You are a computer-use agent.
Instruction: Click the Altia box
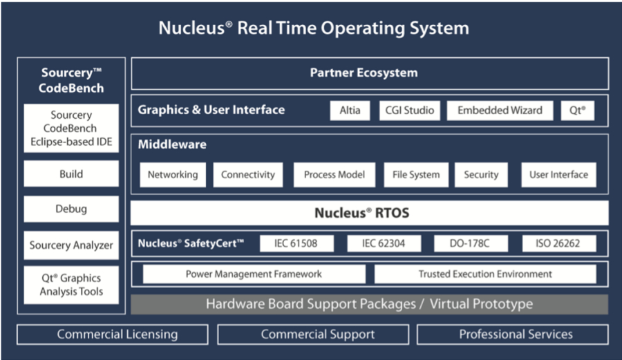350,111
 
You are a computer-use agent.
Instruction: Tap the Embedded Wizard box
500,111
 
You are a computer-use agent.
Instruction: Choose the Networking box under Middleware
173,175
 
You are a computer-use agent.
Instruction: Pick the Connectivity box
247,175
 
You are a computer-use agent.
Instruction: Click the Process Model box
334,175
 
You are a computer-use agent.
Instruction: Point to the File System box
415,175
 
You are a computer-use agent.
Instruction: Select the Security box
481,175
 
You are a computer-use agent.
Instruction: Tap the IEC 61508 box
296,243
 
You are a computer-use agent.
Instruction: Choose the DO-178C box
471,243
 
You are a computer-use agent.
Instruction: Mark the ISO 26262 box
557,243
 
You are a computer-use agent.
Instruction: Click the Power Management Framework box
254,274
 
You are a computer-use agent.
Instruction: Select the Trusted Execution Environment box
485,274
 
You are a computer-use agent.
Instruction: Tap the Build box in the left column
71,174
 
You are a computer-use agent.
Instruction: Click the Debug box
71,209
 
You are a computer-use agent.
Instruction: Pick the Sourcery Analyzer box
71,245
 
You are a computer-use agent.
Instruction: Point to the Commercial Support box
318,334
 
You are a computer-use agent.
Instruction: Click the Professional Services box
516,334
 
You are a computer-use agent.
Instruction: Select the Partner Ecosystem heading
364,73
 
